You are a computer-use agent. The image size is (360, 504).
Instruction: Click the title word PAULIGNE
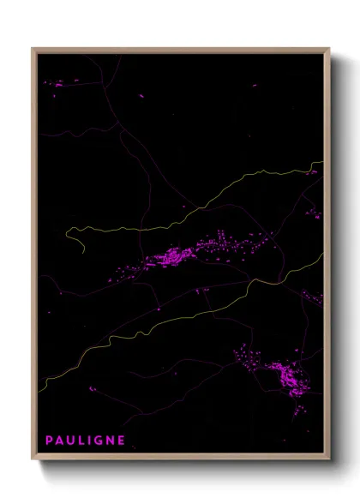(x=85, y=441)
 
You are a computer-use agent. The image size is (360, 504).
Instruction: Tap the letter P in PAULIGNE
(x=50, y=441)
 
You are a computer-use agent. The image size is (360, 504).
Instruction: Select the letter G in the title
(x=98, y=441)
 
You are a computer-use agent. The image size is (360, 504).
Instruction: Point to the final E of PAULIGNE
(x=121, y=441)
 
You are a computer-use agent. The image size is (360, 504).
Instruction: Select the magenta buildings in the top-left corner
(x=60, y=84)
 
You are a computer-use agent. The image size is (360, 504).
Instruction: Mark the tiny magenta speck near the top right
(x=254, y=85)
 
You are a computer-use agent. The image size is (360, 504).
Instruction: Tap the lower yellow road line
(x=171, y=321)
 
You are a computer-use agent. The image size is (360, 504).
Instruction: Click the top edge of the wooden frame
(x=180, y=50)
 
